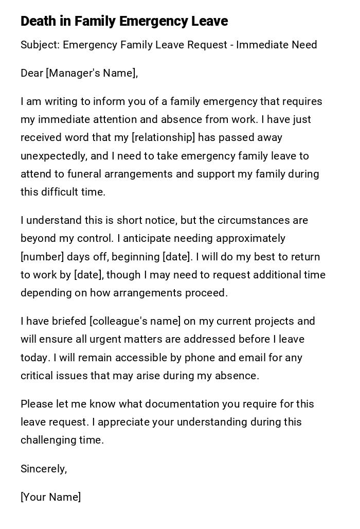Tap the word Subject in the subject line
(40, 45)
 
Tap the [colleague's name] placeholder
(135, 322)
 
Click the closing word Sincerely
(43, 469)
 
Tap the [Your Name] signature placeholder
(50, 497)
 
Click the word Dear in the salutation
(32, 73)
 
